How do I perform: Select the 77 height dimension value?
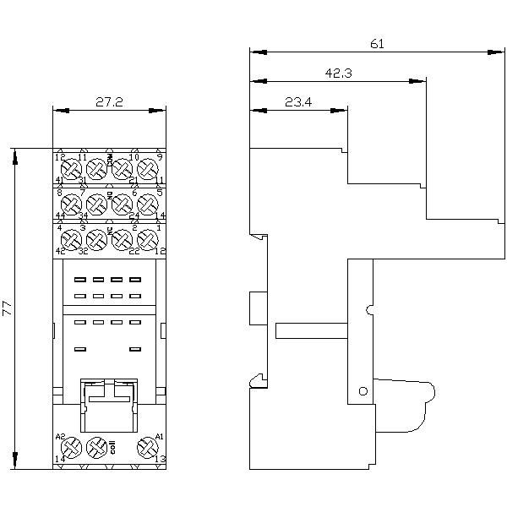point(8,308)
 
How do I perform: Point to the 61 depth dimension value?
point(377,44)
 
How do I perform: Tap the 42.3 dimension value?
point(338,74)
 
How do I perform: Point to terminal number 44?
point(60,216)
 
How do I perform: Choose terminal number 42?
point(60,252)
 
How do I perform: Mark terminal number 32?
point(83,252)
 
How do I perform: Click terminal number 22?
point(134,252)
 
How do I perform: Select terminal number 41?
point(60,181)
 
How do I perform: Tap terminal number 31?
point(83,181)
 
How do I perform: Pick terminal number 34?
point(83,216)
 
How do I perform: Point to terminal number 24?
point(134,216)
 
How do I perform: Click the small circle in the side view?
point(363,390)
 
